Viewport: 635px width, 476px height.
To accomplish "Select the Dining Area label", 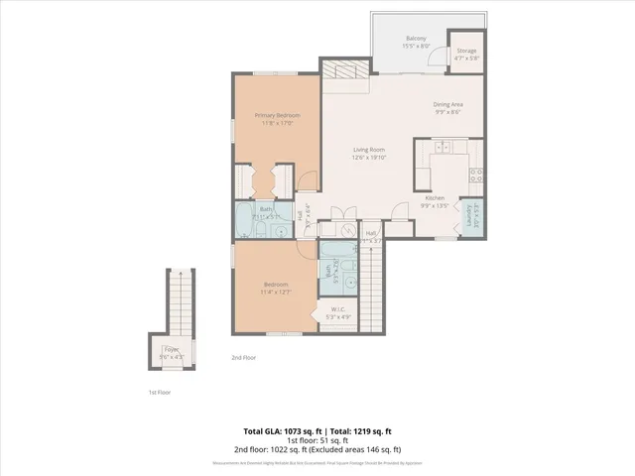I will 447,104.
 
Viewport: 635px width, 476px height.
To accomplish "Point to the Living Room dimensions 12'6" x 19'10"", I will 369,157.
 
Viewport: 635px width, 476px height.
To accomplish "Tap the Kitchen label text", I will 436,197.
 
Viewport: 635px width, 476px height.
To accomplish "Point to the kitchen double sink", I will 441,148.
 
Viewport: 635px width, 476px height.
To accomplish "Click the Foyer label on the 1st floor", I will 172,349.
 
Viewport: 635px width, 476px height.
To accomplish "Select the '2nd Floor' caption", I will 243,357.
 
